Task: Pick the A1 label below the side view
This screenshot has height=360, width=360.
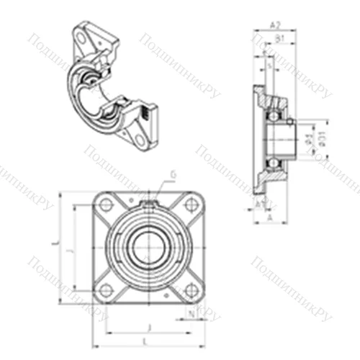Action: point(258,203)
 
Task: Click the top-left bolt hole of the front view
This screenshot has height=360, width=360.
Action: point(107,203)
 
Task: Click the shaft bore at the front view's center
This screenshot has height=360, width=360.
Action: point(148,247)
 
